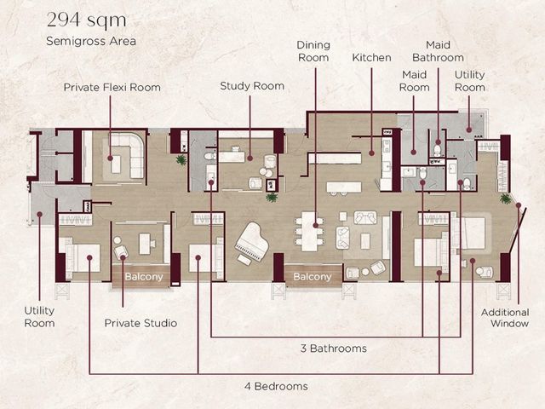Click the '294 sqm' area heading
click(86, 20)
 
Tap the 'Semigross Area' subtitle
click(91, 41)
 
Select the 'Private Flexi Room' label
click(112, 87)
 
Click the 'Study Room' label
click(252, 86)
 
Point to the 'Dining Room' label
click(313, 51)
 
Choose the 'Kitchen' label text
click(371, 57)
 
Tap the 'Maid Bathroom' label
click(438, 51)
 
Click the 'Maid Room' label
click(415, 81)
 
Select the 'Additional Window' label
click(505, 318)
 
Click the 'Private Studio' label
click(141, 323)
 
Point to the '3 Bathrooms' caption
click(334, 349)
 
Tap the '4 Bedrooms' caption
click(276, 386)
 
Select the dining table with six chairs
click(310, 231)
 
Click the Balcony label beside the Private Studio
click(144, 277)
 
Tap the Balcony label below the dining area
click(313, 277)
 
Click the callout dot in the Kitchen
click(371, 153)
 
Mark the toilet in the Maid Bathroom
click(437, 150)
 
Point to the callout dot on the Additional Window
click(519, 205)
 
